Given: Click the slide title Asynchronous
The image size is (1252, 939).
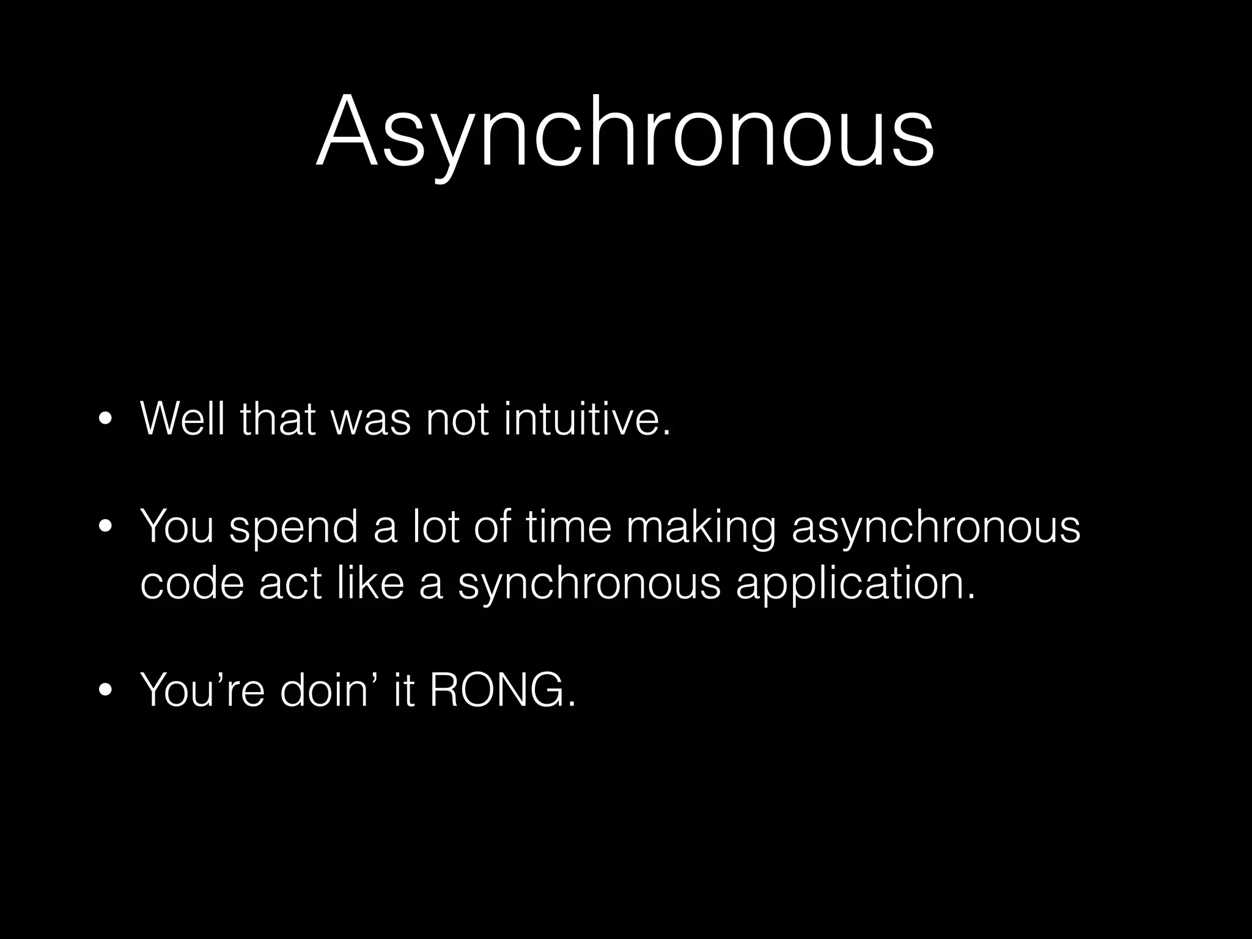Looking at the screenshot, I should pyautogui.click(x=625, y=131).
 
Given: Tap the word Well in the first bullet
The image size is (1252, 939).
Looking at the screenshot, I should pyautogui.click(x=182, y=419).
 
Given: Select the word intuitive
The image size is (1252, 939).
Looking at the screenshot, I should pyautogui.click(x=587, y=419).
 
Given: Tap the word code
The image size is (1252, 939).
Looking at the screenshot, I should pyautogui.click(x=192, y=583).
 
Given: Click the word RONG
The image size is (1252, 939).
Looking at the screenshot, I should pyautogui.click(x=502, y=690).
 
